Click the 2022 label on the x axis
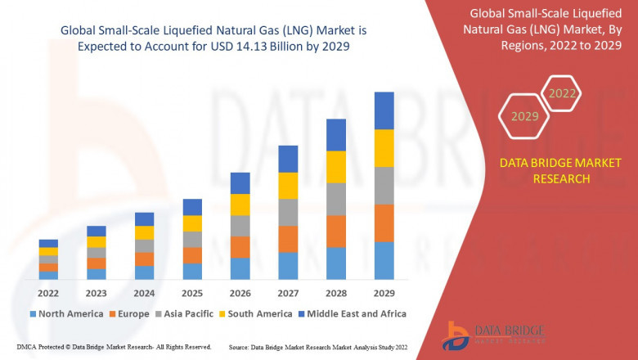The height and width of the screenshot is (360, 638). (x=48, y=294)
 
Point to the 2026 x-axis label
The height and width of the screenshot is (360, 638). (x=240, y=294)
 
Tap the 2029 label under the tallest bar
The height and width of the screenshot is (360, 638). (x=384, y=294)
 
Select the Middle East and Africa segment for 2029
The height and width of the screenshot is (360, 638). (x=384, y=110)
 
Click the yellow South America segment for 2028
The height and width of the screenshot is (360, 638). (x=335, y=167)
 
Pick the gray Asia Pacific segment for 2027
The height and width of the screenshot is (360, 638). (x=288, y=212)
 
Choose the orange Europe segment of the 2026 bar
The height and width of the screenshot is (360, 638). (x=240, y=247)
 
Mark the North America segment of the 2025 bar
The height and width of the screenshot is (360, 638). (x=192, y=272)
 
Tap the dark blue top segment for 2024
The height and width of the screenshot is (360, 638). (x=144, y=218)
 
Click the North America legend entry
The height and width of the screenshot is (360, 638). (x=65, y=313)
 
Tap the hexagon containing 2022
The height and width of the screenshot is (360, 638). (x=562, y=94)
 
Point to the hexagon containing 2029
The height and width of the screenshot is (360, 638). (x=524, y=117)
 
